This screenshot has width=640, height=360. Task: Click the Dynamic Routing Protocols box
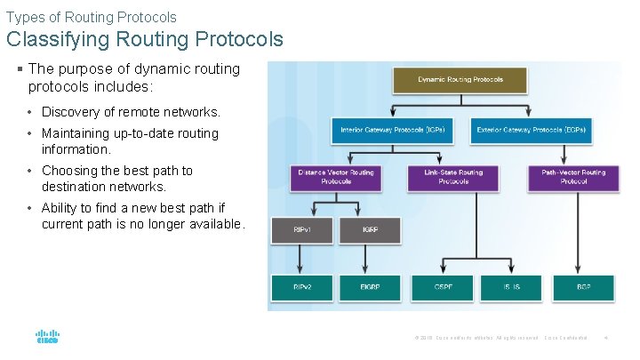[x=460, y=80]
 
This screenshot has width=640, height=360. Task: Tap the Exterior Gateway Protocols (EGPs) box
[x=531, y=130]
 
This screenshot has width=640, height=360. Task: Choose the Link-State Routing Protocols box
[x=453, y=177]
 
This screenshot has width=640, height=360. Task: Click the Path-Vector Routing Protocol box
[x=573, y=177]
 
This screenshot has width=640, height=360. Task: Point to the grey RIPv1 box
[x=302, y=230]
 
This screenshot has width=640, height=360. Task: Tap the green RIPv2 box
[x=302, y=288]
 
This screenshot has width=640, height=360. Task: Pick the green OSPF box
[x=442, y=288]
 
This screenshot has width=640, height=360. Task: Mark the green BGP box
[x=582, y=288]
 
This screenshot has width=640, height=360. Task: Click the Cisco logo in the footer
[x=47, y=338]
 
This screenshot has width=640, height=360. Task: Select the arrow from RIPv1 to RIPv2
[x=302, y=259]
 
